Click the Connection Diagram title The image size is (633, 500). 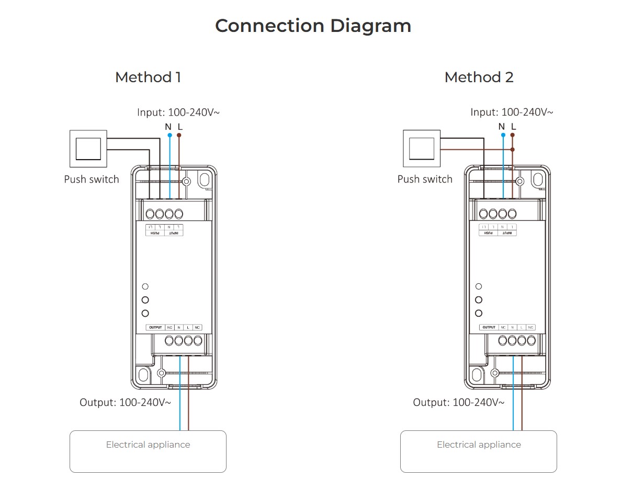click(x=313, y=26)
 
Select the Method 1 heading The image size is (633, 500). click(x=148, y=77)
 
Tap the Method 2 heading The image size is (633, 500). click(x=479, y=77)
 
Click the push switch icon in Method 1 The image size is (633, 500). click(x=88, y=149)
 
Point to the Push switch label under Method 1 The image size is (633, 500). click(x=92, y=179)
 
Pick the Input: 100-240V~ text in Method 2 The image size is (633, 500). click(x=511, y=112)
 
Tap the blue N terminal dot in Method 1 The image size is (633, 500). click(x=169, y=135)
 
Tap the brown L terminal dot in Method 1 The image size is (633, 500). click(x=179, y=135)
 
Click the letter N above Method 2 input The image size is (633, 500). click(x=502, y=127)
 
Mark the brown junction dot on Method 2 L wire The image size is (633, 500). click(x=513, y=149)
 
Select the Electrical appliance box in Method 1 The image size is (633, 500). click(x=148, y=451)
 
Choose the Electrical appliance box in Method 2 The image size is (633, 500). click(x=479, y=451)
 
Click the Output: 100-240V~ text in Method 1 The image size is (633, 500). click(x=125, y=403)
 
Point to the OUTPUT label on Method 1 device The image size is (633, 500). click(x=155, y=328)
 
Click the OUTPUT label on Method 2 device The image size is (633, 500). click(x=489, y=328)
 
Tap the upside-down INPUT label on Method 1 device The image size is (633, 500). click(x=174, y=233)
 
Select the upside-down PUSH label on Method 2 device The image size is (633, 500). click(x=488, y=233)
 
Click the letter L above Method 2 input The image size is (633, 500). click(x=513, y=127)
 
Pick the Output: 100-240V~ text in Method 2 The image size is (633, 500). click(x=458, y=403)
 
